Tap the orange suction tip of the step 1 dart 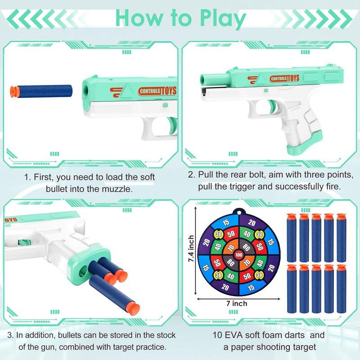click(x=13, y=92)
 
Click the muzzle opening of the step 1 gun click(x=86, y=92)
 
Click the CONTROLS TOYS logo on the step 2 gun click(x=284, y=78)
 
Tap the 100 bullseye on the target click(x=239, y=255)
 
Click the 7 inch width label click(x=237, y=303)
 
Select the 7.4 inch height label click(x=191, y=249)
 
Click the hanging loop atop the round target click(x=238, y=211)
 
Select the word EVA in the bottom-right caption click(x=234, y=335)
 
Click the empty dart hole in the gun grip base click(x=83, y=271)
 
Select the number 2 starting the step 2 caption click(x=190, y=175)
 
